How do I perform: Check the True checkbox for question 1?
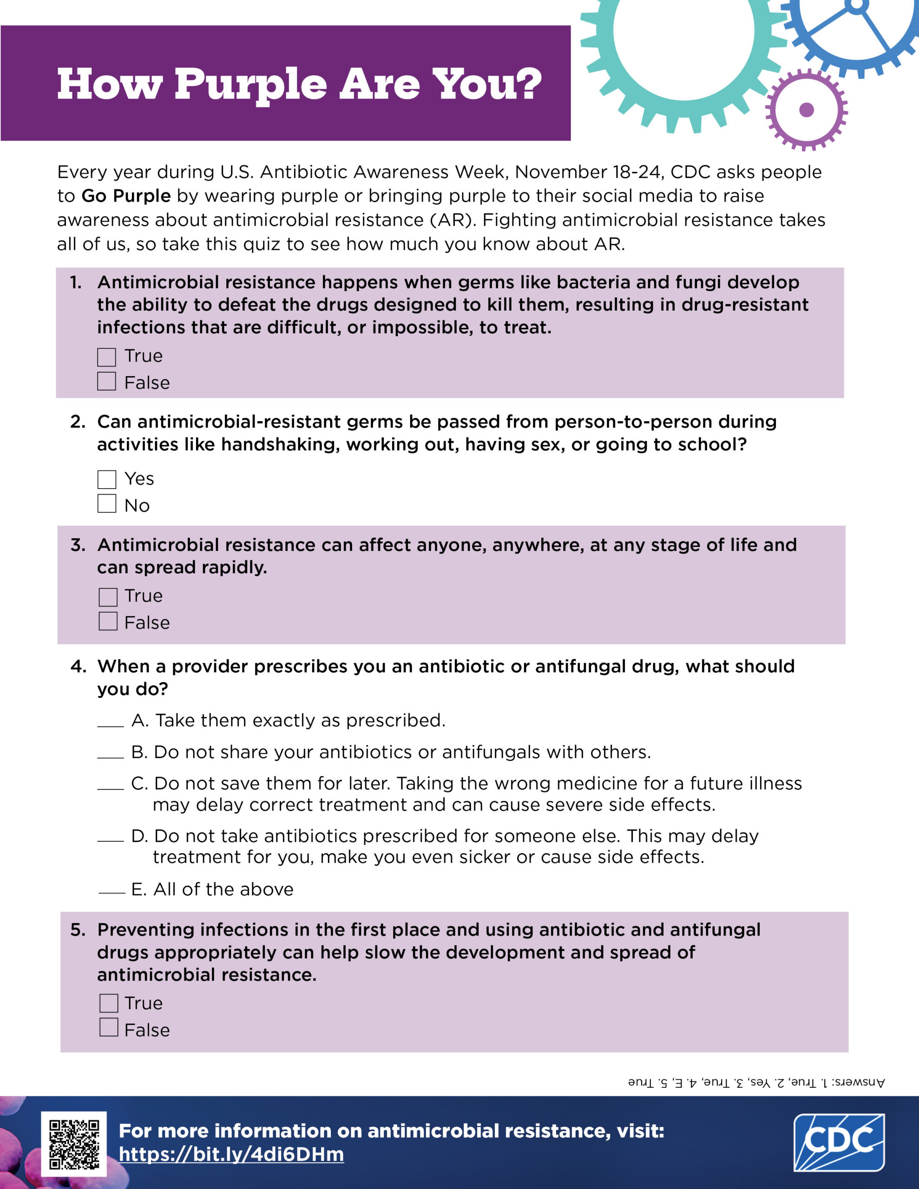coord(107,357)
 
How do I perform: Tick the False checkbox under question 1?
coord(107,381)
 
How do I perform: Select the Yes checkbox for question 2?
coord(107,480)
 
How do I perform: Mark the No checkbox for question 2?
coord(107,503)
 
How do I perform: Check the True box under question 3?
coord(108,597)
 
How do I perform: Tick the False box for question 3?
coord(108,621)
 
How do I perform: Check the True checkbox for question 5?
coord(108,1003)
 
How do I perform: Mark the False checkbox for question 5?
coord(108,1027)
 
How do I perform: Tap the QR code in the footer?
coord(74,1144)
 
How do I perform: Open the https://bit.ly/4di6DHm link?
coord(231,1155)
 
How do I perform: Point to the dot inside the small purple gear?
coord(806,110)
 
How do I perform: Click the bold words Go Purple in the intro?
coord(126,196)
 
